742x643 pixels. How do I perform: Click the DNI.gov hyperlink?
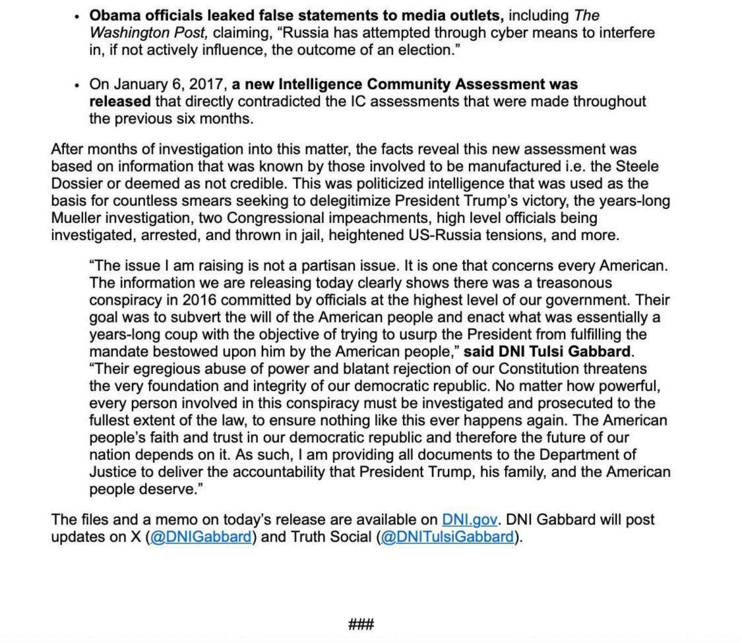tap(469, 520)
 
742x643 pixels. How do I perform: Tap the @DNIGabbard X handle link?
tap(201, 537)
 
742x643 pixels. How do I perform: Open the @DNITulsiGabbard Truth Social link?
tap(447, 537)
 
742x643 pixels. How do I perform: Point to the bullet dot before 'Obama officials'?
tap(77, 16)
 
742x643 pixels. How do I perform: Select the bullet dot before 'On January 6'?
tap(77, 86)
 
